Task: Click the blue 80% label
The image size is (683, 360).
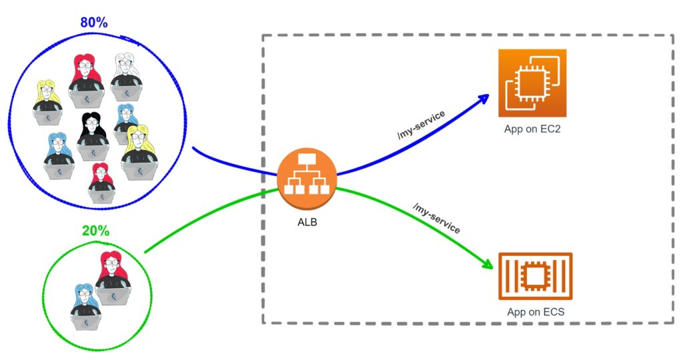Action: [93, 22]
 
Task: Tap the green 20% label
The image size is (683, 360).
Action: [95, 231]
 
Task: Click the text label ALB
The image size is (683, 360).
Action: [307, 223]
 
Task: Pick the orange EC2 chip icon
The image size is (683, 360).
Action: [532, 83]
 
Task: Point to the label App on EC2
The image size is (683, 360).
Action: [532, 129]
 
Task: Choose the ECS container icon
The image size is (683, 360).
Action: [535, 275]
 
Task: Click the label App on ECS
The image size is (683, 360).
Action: [536, 311]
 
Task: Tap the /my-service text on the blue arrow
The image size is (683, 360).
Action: [422, 125]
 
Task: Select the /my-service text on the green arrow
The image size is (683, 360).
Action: [437, 219]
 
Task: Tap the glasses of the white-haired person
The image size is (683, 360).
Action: [126, 68]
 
